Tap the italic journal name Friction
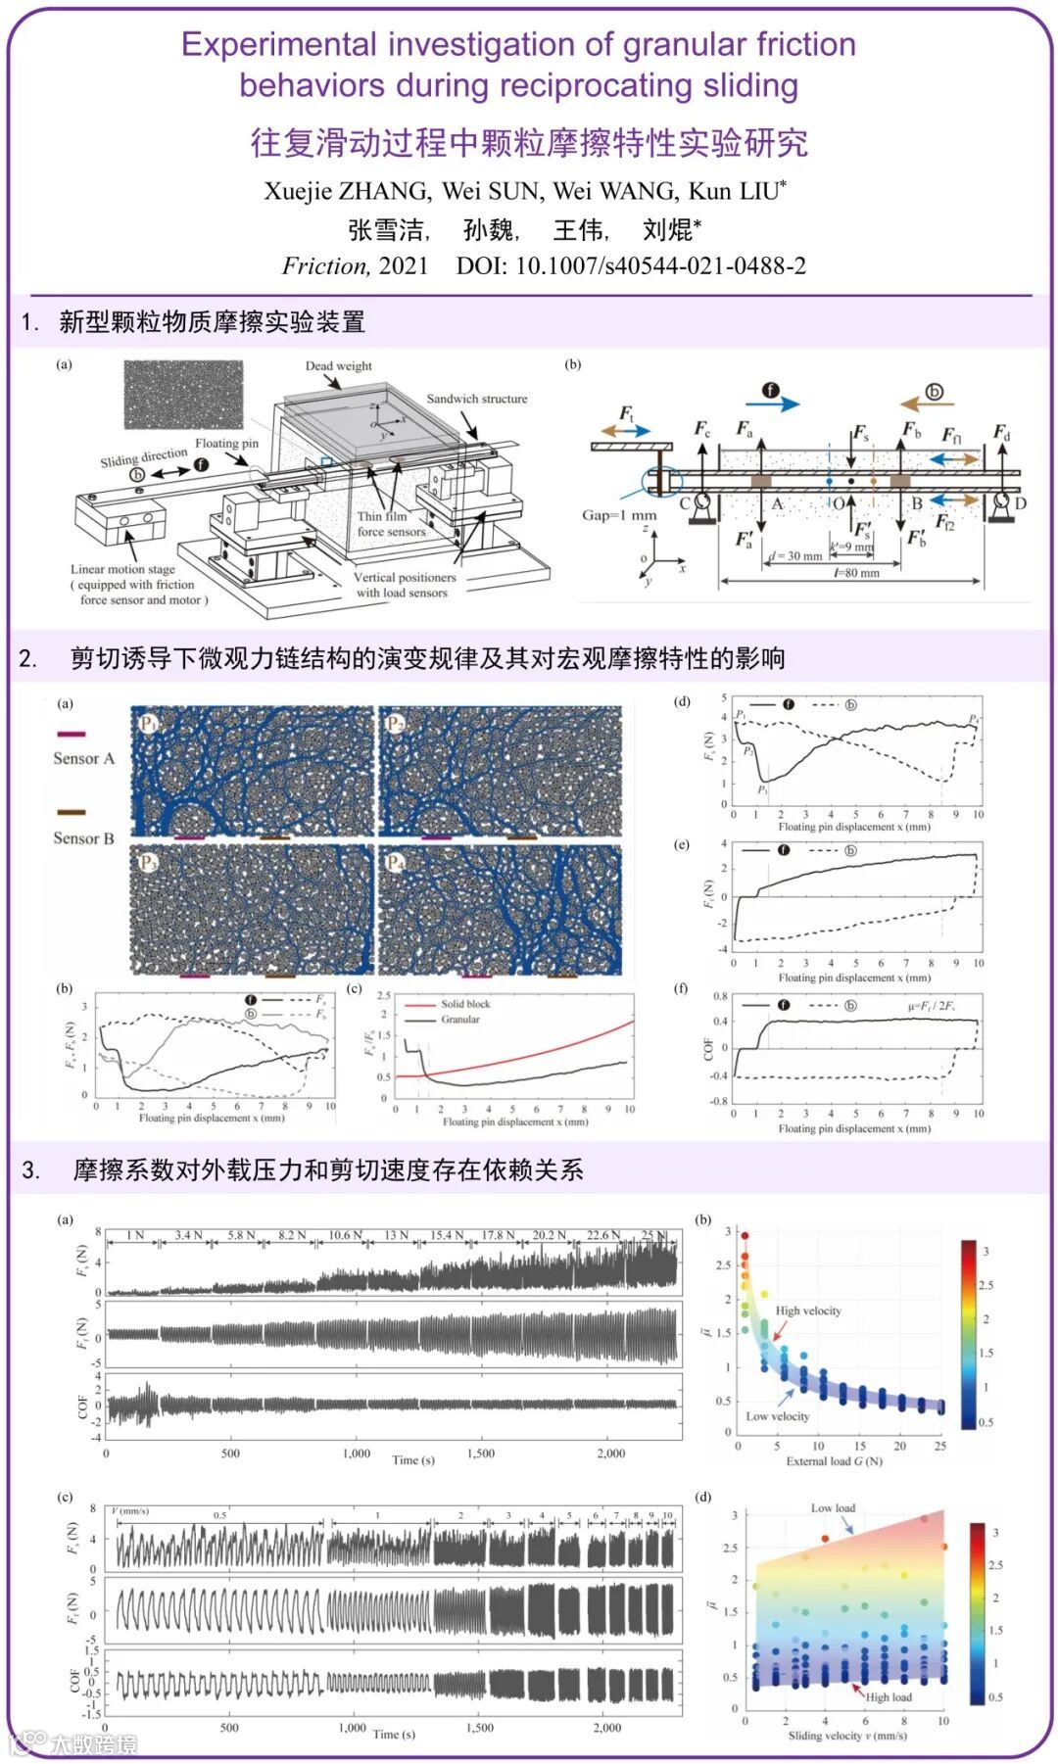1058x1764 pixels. click(x=324, y=266)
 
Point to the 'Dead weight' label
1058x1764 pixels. click(x=338, y=366)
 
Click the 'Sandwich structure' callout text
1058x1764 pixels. click(x=476, y=399)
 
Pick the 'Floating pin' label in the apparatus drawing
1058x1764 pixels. click(x=226, y=444)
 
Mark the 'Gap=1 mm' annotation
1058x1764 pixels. click(x=619, y=515)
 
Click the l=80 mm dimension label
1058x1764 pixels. click(x=856, y=573)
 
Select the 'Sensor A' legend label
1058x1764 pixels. click(x=83, y=758)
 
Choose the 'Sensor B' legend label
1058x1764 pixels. click(x=83, y=838)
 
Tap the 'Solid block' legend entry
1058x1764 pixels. click(x=465, y=1004)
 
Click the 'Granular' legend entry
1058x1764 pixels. click(x=460, y=1020)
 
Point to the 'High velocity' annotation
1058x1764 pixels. click(x=808, y=1311)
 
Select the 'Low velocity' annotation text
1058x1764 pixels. click(x=778, y=1416)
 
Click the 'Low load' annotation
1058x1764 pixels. click(x=833, y=1508)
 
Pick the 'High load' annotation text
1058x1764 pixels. click(x=889, y=1697)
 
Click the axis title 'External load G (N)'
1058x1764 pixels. click(x=834, y=1461)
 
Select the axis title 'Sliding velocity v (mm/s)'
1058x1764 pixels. click(x=847, y=1736)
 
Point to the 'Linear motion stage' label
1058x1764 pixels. click(x=122, y=569)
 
